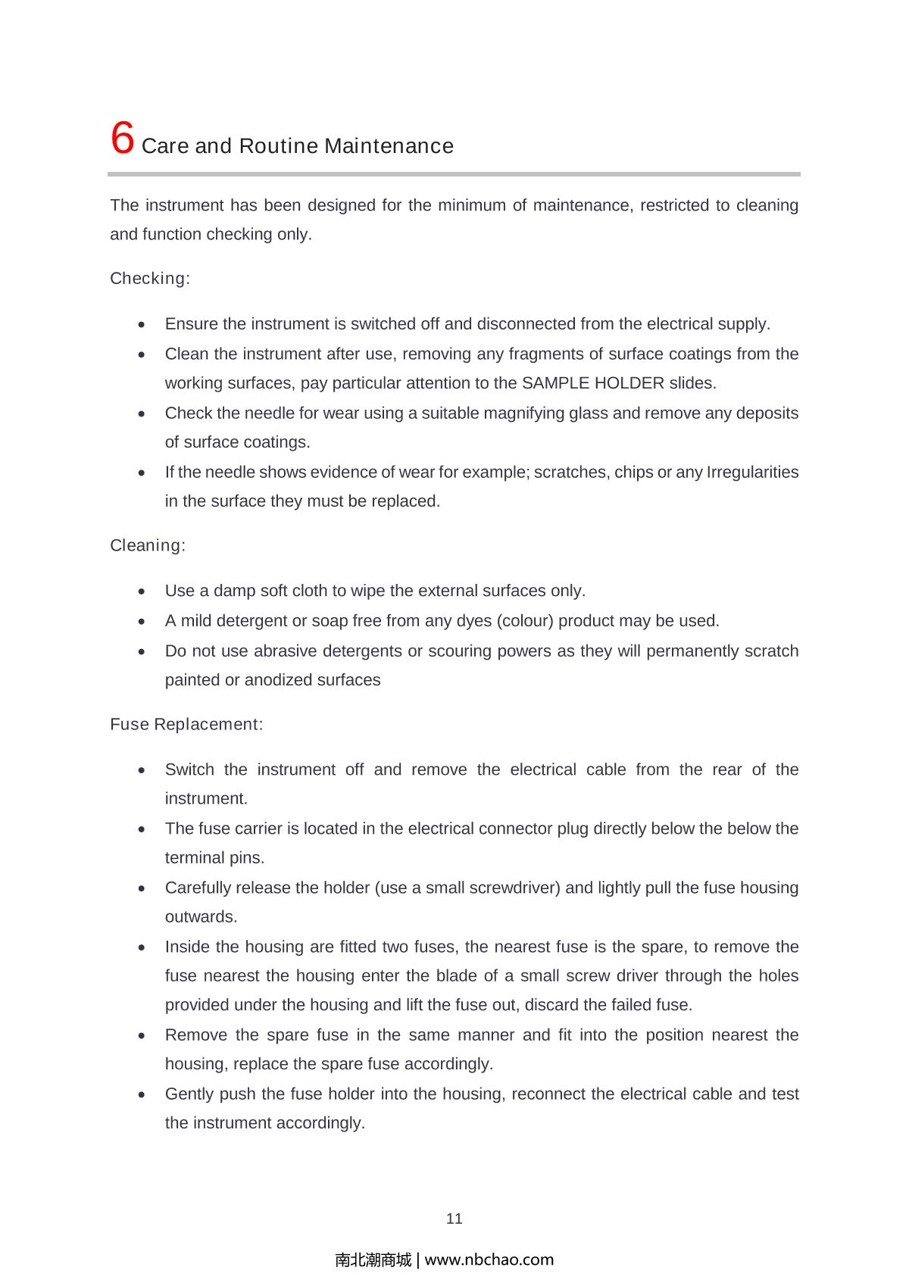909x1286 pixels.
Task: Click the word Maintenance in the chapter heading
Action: (389, 146)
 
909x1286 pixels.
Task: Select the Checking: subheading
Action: (150, 279)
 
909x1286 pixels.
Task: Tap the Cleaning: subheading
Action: (148, 545)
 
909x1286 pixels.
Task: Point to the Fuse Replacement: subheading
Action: (186, 724)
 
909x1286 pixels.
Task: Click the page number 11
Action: (454, 1219)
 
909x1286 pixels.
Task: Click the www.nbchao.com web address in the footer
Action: (489, 1259)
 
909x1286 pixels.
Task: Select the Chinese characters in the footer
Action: (373, 1259)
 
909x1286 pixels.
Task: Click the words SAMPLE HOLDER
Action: (593, 383)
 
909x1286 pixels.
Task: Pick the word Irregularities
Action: (752, 473)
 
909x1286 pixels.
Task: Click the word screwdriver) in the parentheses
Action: (515, 888)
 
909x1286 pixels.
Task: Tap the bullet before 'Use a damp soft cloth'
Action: (142, 591)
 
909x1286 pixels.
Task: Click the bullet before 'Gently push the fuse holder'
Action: (142, 1095)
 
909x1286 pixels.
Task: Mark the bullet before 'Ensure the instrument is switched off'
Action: (142, 325)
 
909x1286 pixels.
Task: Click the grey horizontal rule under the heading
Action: (454, 174)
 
